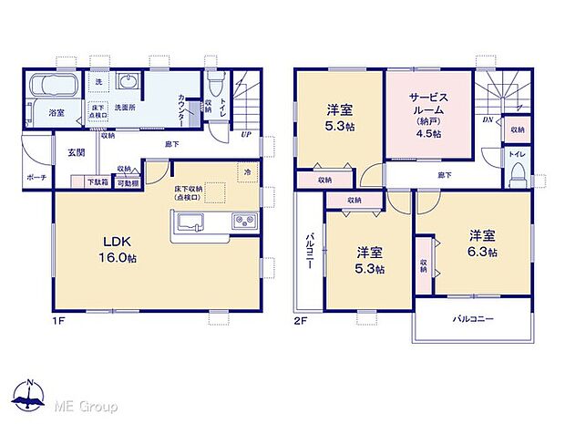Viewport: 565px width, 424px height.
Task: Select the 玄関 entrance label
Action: (x=74, y=153)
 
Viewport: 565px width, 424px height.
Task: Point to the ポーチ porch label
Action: (x=37, y=179)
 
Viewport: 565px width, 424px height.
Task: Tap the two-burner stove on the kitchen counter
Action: (x=244, y=221)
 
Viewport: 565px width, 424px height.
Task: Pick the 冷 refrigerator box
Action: (x=247, y=171)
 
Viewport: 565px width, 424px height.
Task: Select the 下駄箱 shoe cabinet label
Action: (x=97, y=182)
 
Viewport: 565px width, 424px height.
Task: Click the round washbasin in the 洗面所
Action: (x=126, y=83)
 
